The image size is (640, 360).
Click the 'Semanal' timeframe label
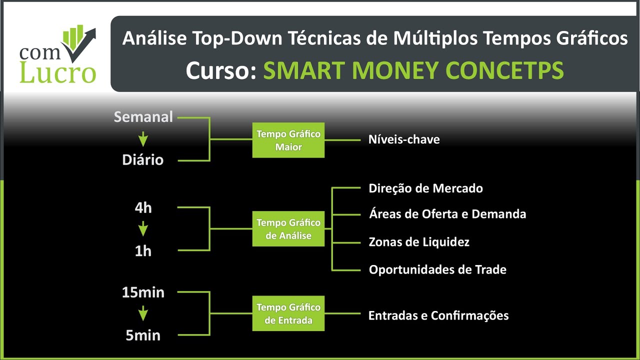[x=143, y=117]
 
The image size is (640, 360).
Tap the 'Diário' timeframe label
[x=143, y=160]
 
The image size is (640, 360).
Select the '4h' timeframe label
[x=143, y=208]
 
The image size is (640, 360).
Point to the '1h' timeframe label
[x=143, y=251]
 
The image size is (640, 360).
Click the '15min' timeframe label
[x=143, y=293]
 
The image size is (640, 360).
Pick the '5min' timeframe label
[x=143, y=335]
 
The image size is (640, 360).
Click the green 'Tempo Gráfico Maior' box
[x=288, y=140]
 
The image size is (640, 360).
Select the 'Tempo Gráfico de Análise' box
[x=288, y=229]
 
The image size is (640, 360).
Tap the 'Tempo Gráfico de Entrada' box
[x=288, y=313]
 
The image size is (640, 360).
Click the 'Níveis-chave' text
[x=404, y=140]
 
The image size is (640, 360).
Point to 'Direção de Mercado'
[x=426, y=188]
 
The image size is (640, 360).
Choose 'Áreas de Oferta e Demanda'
[x=447, y=214]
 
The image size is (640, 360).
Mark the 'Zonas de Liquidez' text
[x=419, y=242]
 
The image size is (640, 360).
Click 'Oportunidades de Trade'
[x=437, y=270]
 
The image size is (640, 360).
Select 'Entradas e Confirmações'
[x=438, y=315]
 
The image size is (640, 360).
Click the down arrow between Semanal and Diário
[x=143, y=138]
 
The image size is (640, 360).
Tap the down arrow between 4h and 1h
[x=143, y=229]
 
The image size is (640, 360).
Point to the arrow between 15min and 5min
[x=143, y=314]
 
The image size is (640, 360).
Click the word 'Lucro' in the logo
[x=57, y=72]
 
